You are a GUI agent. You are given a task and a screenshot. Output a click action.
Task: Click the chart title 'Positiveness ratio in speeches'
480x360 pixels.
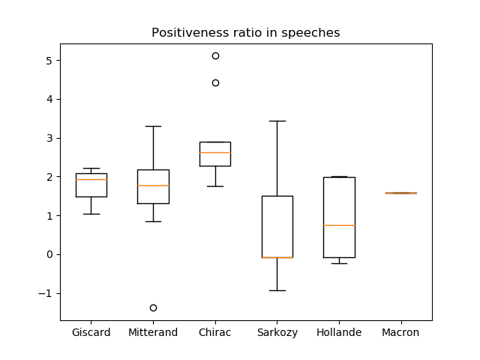point(245,33)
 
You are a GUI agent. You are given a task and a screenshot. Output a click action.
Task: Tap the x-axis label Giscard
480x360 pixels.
point(91,332)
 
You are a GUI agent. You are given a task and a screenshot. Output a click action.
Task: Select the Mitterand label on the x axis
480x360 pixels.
point(153,332)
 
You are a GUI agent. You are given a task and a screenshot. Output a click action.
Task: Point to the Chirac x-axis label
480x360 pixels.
point(215,332)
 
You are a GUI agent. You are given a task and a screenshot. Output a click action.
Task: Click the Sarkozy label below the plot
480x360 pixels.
point(277,333)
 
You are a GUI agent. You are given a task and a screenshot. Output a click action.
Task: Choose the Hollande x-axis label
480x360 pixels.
point(339,332)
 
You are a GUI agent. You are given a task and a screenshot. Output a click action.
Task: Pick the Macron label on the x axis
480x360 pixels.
point(400,332)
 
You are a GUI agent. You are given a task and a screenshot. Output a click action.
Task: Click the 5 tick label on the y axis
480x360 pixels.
point(49,61)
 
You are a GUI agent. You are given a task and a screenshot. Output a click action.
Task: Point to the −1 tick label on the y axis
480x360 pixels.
point(45,293)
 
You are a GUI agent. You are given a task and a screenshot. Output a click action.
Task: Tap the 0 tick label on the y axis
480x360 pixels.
point(49,255)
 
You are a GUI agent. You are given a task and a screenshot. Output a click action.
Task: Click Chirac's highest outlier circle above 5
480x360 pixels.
point(215,55)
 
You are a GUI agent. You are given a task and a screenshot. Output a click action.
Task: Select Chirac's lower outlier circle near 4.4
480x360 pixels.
point(215,82)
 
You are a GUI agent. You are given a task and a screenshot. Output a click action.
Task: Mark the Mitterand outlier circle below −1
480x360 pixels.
point(153,307)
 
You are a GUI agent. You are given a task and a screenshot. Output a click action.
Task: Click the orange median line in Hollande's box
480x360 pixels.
point(339,225)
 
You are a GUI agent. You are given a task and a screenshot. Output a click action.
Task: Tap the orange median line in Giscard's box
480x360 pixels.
point(91,179)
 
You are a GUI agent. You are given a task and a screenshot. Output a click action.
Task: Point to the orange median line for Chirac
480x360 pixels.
point(215,152)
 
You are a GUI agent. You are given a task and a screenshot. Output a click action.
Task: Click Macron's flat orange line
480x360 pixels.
point(401,193)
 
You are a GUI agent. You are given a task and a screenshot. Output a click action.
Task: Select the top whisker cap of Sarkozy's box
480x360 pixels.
point(277,121)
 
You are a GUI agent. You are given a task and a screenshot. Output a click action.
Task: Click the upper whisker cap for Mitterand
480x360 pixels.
point(153,126)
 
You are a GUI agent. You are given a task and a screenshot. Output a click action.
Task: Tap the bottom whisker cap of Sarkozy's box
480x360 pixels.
point(277,290)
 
